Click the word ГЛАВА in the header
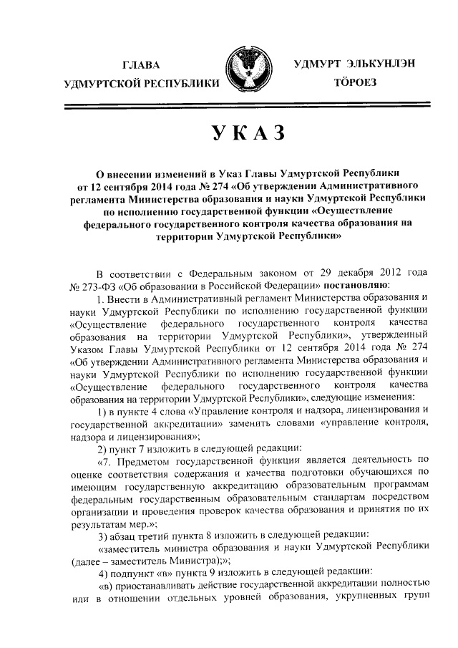tap(141, 65)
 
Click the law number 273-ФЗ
tap(100, 285)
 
